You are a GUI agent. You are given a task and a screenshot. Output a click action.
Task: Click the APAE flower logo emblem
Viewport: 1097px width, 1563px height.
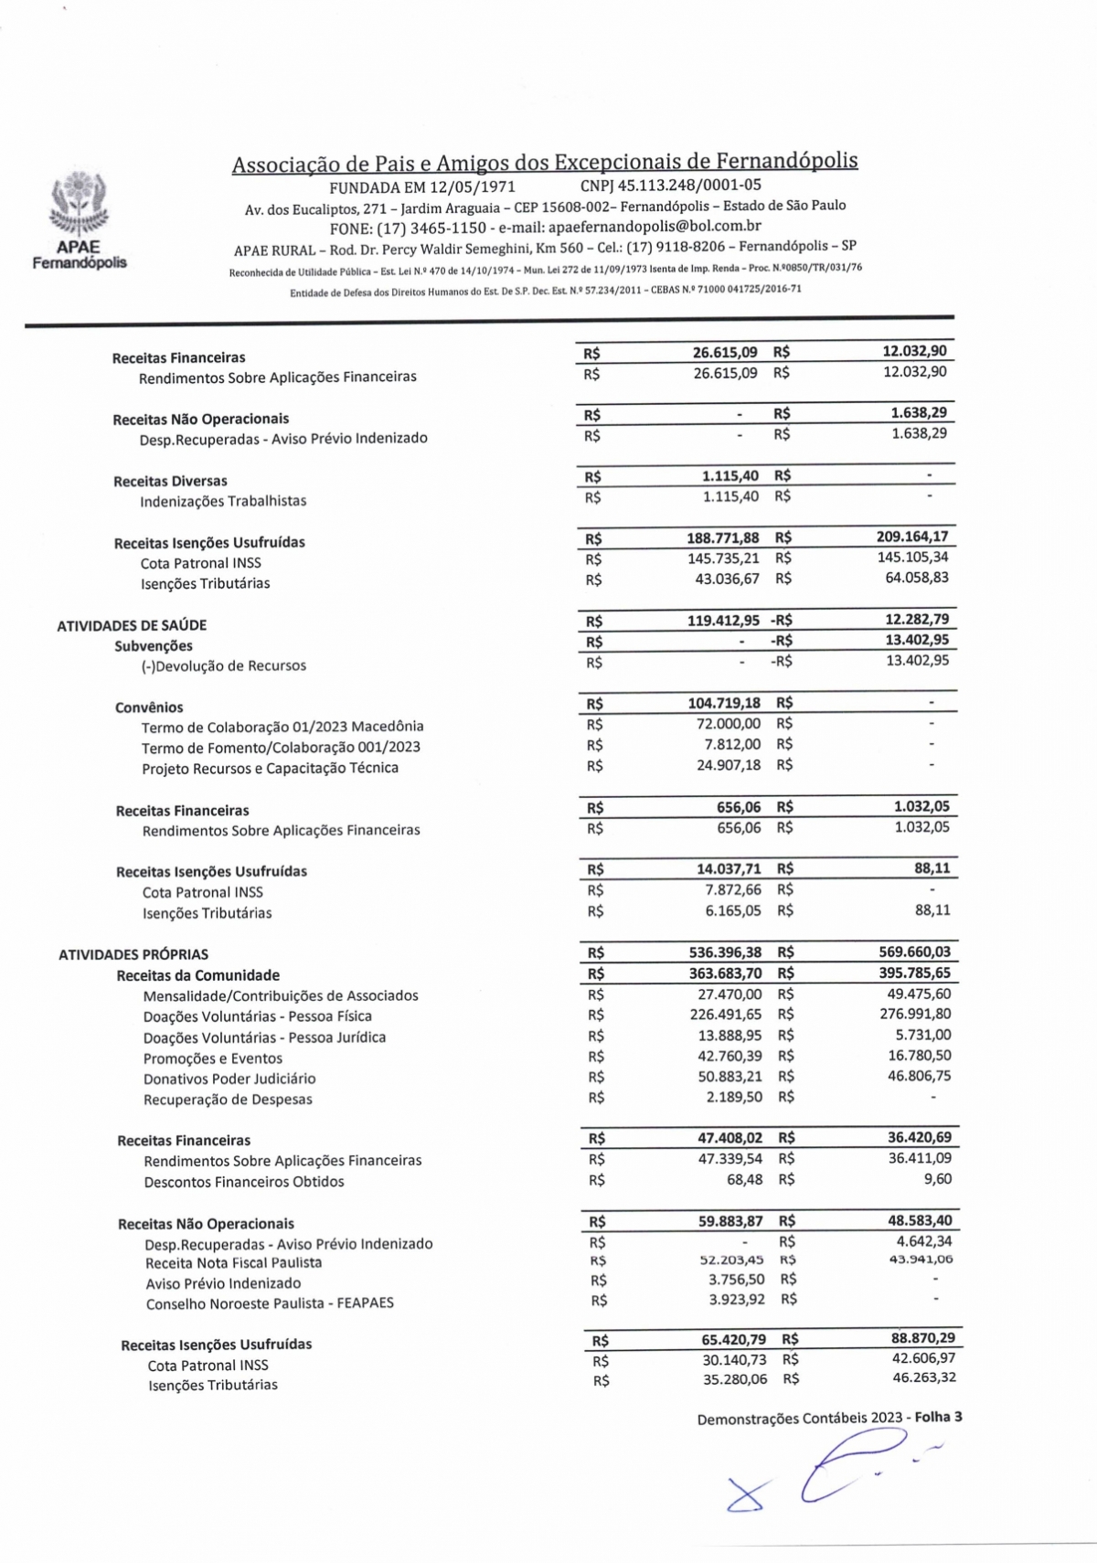click(x=79, y=207)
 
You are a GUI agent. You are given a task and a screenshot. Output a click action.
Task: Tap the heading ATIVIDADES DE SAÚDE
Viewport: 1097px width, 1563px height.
click(x=132, y=625)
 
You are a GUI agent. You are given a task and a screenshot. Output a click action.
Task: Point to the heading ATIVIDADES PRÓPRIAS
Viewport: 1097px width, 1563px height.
click(x=133, y=954)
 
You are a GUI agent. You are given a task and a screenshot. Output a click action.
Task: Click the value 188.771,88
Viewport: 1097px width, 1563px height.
click(x=723, y=537)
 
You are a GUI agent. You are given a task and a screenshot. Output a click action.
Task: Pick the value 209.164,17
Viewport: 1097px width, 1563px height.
click(x=911, y=537)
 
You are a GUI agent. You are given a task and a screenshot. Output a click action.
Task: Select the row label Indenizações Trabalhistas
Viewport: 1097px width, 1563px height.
click(x=223, y=501)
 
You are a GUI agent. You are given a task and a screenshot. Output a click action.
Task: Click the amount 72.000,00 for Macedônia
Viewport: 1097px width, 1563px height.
click(x=728, y=724)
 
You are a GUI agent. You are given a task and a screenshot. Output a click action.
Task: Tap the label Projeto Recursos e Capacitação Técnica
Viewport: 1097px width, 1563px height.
click(x=270, y=768)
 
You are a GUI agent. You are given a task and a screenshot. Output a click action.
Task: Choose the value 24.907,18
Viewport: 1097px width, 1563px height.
click(x=728, y=765)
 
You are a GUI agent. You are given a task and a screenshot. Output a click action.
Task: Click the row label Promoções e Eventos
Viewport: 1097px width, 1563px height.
click(x=212, y=1058)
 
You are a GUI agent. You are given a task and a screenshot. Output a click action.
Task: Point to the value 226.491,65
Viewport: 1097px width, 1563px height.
click(x=725, y=1015)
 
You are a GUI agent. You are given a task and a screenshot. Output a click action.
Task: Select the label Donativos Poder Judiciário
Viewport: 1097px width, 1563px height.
click(x=229, y=1079)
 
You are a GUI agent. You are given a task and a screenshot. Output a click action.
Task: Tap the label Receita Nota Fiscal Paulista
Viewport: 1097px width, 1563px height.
click(x=233, y=1263)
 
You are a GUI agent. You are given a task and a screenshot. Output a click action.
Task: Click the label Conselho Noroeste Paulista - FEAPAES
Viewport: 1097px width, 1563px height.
click(x=270, y=1303)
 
